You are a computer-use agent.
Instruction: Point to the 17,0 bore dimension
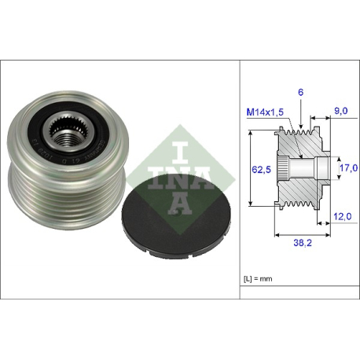348,167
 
